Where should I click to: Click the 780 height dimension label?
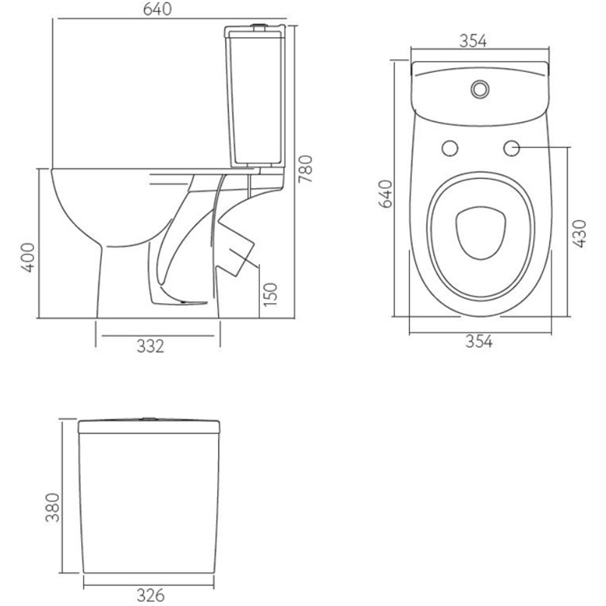click(x=305, y=169)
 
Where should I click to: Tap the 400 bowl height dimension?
click(x=27, y=258)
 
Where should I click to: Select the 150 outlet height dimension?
click(x=270, y=295)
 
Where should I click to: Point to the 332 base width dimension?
click(x=150, y=346)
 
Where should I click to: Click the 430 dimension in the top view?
click(x=579, y=233)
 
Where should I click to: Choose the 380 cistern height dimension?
click(x=52, y=508)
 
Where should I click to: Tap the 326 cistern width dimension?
click(x=150, y=595)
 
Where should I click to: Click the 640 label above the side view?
click(x=158, y=9)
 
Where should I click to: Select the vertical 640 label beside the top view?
click(x=386, y=194)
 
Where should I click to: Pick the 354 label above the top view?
click(x=473, y=41)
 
